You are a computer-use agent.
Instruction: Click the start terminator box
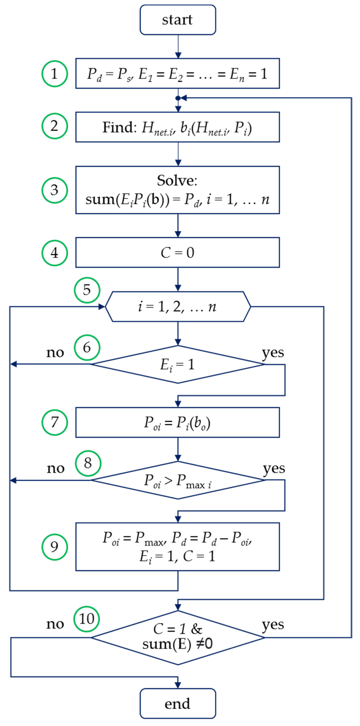click(178, 20)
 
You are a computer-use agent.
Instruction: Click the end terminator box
click(178, 703)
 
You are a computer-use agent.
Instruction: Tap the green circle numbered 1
click(55, 74)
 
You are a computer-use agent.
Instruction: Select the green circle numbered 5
click(87, 290)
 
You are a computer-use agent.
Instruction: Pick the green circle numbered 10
click(87, 619)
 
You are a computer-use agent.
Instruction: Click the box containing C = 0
click(178, 252)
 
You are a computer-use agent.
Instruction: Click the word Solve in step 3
click(177, 180)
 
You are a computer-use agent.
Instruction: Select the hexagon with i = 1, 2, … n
click(178, 306)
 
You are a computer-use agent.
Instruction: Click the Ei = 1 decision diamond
click(178, 364)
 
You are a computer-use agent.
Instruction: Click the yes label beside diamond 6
click(273, 353)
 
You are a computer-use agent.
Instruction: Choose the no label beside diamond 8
click(55, 468)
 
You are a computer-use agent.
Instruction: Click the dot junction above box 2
click(178, 98)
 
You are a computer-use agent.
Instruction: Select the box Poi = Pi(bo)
click(178, 422)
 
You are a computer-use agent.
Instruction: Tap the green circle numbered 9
click(55, 547)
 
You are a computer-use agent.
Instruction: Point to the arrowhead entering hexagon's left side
click(101, 307)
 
